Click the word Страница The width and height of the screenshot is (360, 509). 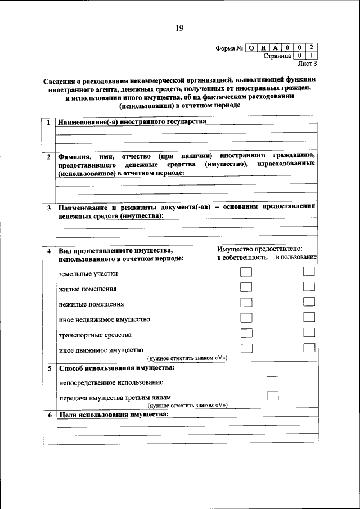click(277, 56)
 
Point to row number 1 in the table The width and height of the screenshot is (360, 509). click(48, 123)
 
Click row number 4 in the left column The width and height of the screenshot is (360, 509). click(48, 250)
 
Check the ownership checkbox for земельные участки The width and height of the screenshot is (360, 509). click(246, 272)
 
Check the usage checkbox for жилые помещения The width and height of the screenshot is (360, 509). click(308, 287)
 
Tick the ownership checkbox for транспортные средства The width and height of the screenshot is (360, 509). click(246, 333)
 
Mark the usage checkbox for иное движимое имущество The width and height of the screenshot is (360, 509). click(308, 348)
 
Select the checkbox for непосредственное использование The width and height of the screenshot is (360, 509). click(272, 381)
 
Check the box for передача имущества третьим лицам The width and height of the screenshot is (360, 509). click(272, 395)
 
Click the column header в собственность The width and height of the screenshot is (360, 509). click(242, 257)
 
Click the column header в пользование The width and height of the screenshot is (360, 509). click(296, 257)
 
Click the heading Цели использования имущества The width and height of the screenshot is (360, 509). click(113, 415)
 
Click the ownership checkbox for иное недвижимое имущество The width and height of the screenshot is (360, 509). click(246, 318)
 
